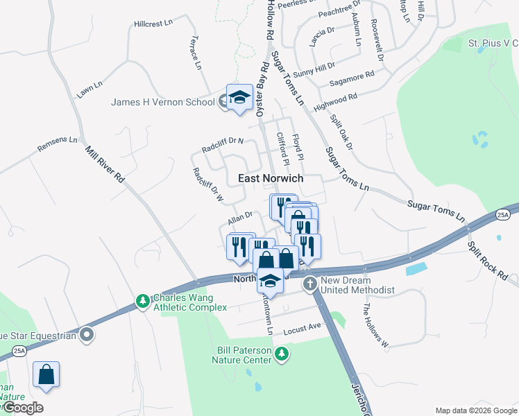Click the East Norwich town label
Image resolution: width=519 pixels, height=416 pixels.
pyautogui.click(x=271, y=178)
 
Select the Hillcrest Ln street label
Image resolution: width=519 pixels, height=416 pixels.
pyautogui.click(x=153, y=24)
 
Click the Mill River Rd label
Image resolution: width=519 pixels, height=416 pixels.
pyautogui.click(x=105, y=164)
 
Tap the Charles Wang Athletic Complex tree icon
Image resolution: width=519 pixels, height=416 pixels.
pyautogui.click(x=142, y=301)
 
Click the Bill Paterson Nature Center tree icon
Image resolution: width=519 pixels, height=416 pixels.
pyautogui.click(x=281, y=354)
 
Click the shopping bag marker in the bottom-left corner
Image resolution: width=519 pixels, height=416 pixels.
pyautogui.click(x=46, y=374)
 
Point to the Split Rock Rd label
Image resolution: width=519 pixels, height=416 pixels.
pyautogui.click(x=488, y=261)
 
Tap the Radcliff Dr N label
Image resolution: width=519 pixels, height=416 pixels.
pyautogui.click(x=223, y=145)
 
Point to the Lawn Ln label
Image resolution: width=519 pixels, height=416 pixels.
pyautogui.click(x=90, y=89)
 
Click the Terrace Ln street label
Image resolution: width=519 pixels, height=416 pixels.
pyautogui.click(x=196, y=53)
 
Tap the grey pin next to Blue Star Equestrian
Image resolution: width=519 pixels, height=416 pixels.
pyautogui.click(x=87, y=336)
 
